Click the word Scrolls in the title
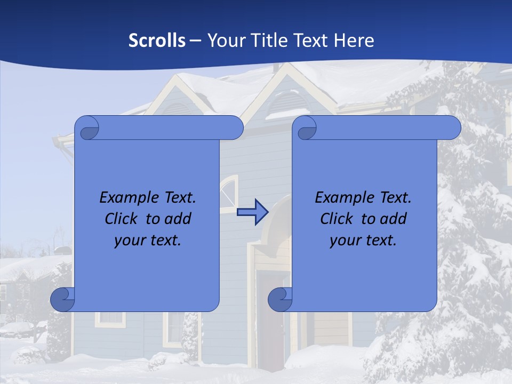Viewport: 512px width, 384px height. pos(157,41)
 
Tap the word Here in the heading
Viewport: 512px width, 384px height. pos(354,41)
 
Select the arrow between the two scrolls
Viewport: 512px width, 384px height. pos(252,212)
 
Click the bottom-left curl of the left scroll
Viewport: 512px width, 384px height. pos(62,299)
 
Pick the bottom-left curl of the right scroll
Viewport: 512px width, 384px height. pos(280,299)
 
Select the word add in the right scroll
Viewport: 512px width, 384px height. pos(394,219)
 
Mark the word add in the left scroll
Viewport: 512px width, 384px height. pos(178,219)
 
